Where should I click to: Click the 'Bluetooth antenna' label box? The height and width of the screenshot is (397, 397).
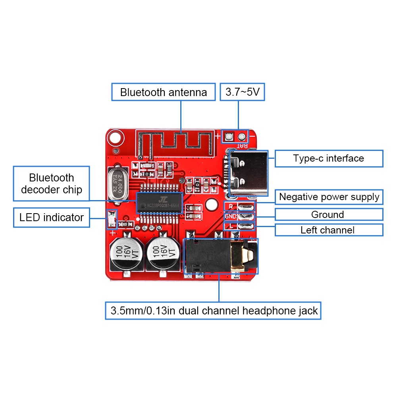(x=164, y=92)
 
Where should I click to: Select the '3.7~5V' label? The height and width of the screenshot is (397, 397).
(x=242, y=92)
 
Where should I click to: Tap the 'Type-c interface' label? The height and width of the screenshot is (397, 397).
(x=328, y=158)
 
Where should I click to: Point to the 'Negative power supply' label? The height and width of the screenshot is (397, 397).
(x=329, y=197)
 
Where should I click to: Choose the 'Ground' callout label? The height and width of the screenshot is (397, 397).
(x=328, y=215)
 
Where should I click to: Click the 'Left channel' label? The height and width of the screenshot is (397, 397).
(x=328, y=230)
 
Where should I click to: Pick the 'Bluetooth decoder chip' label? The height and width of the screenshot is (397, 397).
(x=52, y=183)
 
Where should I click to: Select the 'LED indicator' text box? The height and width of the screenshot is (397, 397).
(x=52, y=218)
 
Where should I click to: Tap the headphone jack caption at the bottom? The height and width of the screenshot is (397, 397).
(x=214, y=310)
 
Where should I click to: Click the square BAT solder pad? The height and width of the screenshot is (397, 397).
(x=228, y=137)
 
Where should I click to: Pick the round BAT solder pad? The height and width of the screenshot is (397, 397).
(x=241, y=137)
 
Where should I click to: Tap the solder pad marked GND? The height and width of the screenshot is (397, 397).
(x=246, y=216)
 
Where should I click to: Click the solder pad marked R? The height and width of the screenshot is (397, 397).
(x=246, y=206)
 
